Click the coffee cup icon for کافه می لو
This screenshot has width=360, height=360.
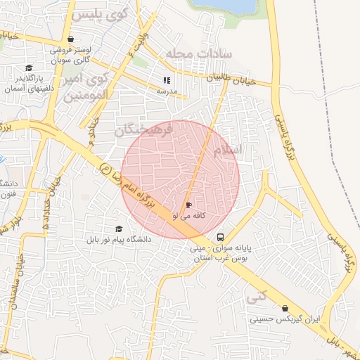tap(188, 205)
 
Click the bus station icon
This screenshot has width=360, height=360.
tap(221, 237)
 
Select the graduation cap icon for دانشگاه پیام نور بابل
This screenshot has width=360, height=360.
tap(118, 229)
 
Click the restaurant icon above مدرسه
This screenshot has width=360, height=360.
tap(167, 80)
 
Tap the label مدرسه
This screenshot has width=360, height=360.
tap(167, 91)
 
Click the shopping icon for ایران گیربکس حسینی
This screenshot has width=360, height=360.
tap(285, 308)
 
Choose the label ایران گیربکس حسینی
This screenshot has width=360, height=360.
tap(285, 319)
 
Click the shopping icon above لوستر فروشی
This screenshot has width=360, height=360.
tap(70, 39)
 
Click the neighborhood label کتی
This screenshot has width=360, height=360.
tap(257, 297)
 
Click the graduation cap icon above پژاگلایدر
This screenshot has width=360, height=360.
tap(29, 68)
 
